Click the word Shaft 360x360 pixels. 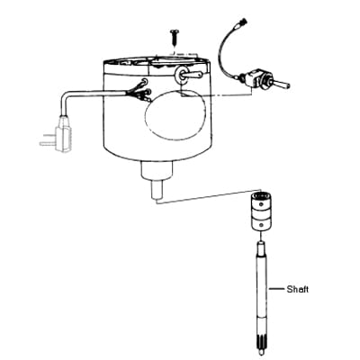[x=297, y=290]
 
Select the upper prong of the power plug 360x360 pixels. [x=49, y=134]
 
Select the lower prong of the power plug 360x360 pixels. [x=48, y=144]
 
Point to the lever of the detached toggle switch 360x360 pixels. [x=282, y=84]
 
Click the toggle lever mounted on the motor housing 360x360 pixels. [x=193, y=74]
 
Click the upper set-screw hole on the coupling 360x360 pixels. [x=262, y=204]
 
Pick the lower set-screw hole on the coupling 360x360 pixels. [x=262, y=225]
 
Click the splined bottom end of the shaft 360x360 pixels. [x=262, y=346]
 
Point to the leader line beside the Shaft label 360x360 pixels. [x=276, y=289]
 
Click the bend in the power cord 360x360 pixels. [x=67, y=96]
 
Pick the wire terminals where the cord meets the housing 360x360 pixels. [x=139, y=91]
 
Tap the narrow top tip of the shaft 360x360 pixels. [x=262, y=247]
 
